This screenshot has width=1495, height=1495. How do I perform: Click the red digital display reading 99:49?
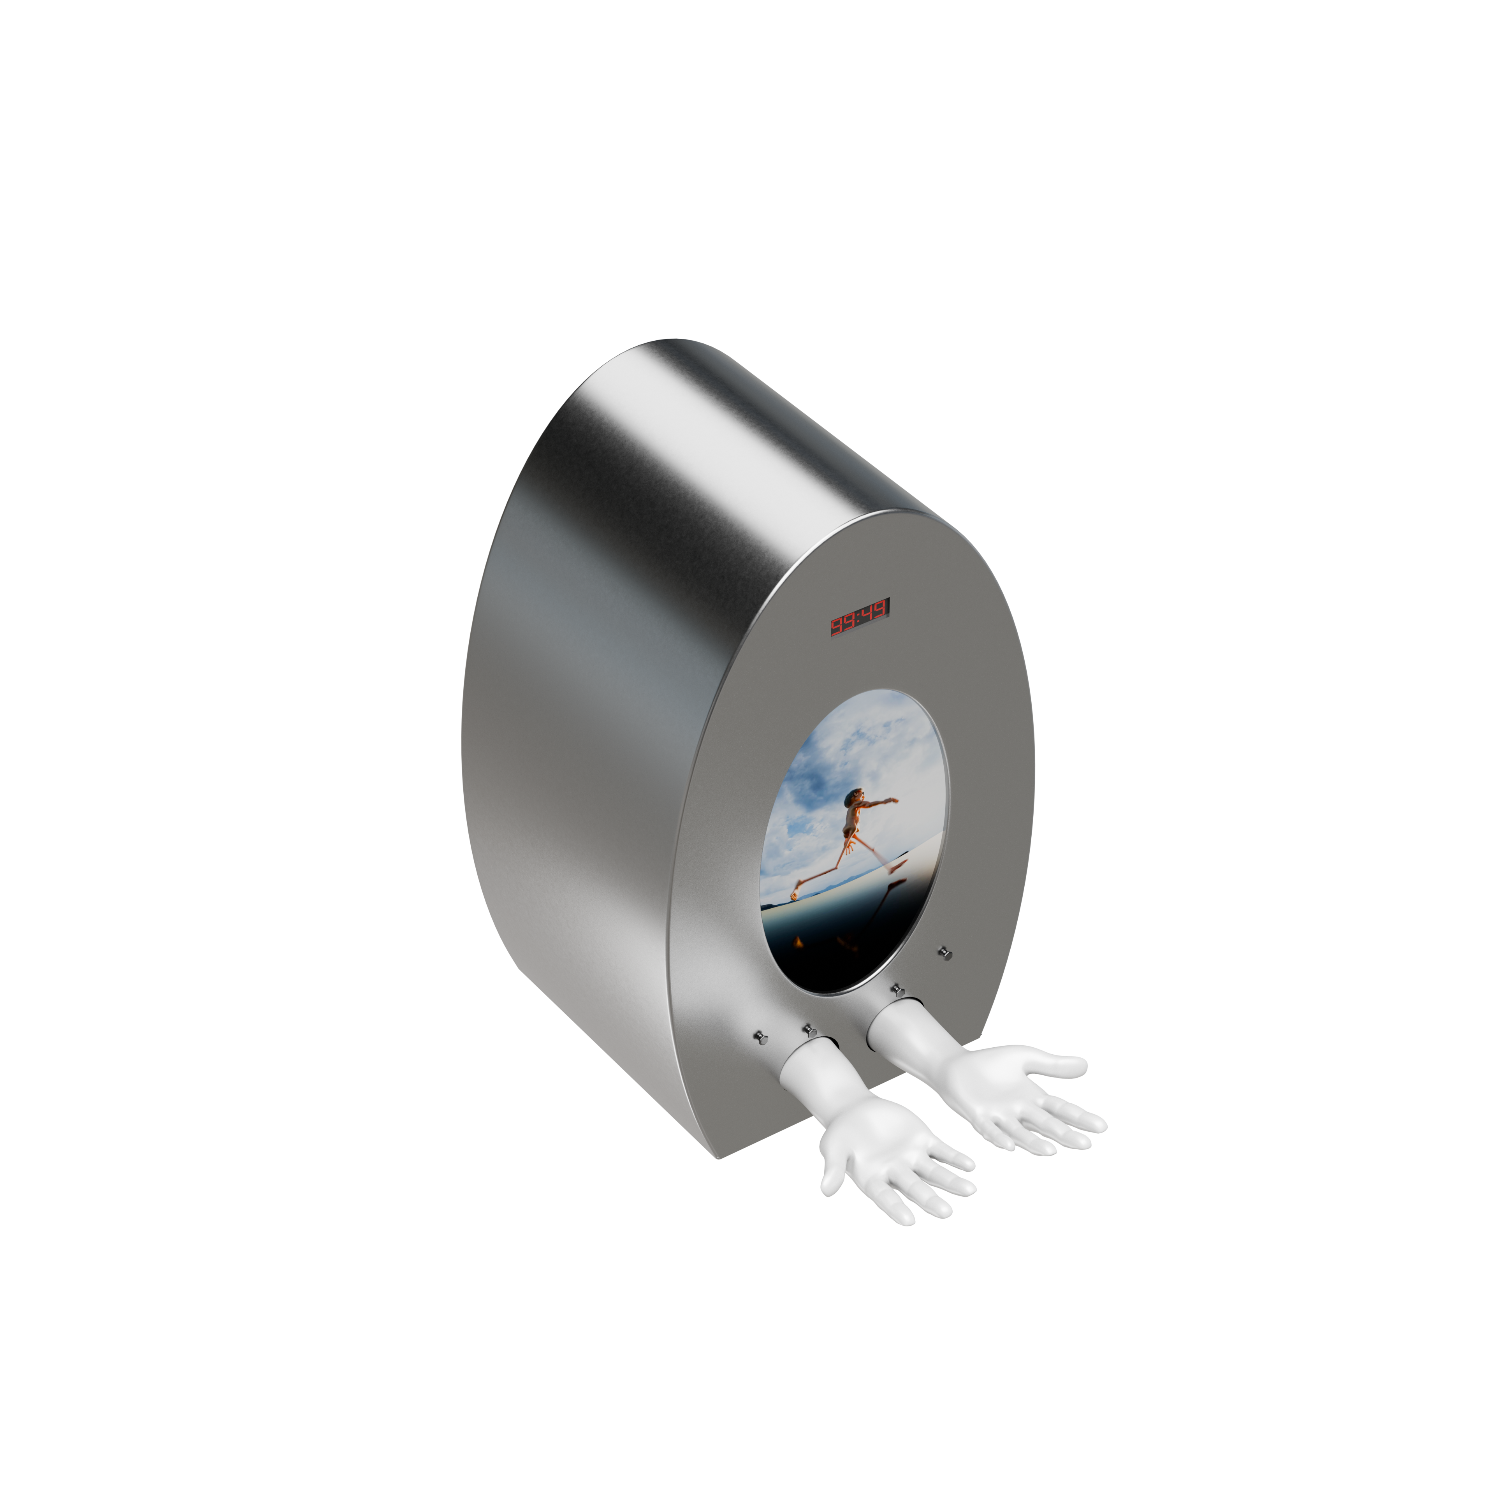[859, 617]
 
